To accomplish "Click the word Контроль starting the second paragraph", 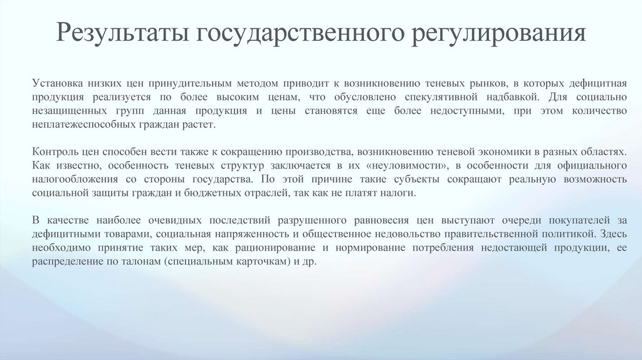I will pos(55,151).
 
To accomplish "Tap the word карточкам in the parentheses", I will pos(262,262).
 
